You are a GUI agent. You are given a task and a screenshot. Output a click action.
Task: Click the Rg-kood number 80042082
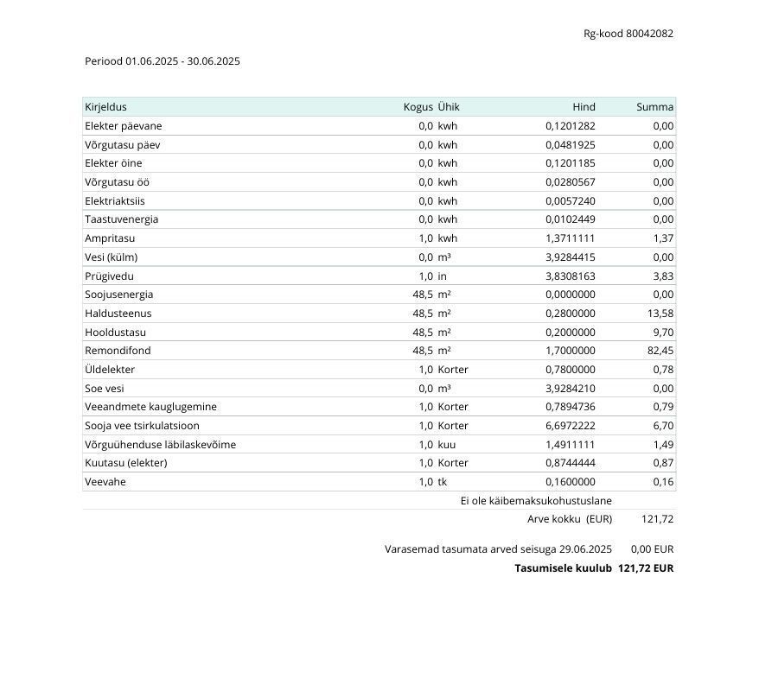pos(649,34)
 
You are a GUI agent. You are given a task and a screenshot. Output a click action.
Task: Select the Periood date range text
pos(163,61)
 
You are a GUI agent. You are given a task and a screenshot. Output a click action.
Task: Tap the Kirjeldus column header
pos(105,107)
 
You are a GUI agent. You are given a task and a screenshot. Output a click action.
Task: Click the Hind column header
pos(584,107)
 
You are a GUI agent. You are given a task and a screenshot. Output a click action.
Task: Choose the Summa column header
pos(654,107)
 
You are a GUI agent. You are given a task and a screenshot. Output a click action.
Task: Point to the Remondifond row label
pos(118,351)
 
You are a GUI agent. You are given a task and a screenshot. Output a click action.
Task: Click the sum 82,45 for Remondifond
pos(660,351)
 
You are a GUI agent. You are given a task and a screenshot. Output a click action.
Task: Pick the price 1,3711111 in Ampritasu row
pos(570,238)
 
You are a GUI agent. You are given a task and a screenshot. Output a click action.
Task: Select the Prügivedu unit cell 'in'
pos(442,276)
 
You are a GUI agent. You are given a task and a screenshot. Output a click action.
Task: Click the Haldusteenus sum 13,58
pos(660,314)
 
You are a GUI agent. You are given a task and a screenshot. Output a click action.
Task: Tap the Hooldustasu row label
pos(115,333)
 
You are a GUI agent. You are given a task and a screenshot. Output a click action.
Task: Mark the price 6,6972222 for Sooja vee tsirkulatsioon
pos(570,426)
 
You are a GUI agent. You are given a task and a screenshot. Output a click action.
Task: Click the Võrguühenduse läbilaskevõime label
pos(160,445)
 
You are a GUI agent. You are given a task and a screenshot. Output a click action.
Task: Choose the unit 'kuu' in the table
pos(447,445)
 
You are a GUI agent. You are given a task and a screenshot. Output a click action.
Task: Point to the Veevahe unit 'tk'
pos(443,482)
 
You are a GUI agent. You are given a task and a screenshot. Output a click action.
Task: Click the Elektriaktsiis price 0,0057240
pos(570,201)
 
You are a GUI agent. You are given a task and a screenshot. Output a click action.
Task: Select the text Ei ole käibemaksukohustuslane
pos(536,501)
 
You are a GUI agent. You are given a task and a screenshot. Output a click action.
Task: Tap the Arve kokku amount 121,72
pos(657,519)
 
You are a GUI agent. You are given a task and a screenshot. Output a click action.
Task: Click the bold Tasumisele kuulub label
pos(563,568)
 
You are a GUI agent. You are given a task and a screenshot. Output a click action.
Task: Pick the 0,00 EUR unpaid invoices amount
pos(652,549)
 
